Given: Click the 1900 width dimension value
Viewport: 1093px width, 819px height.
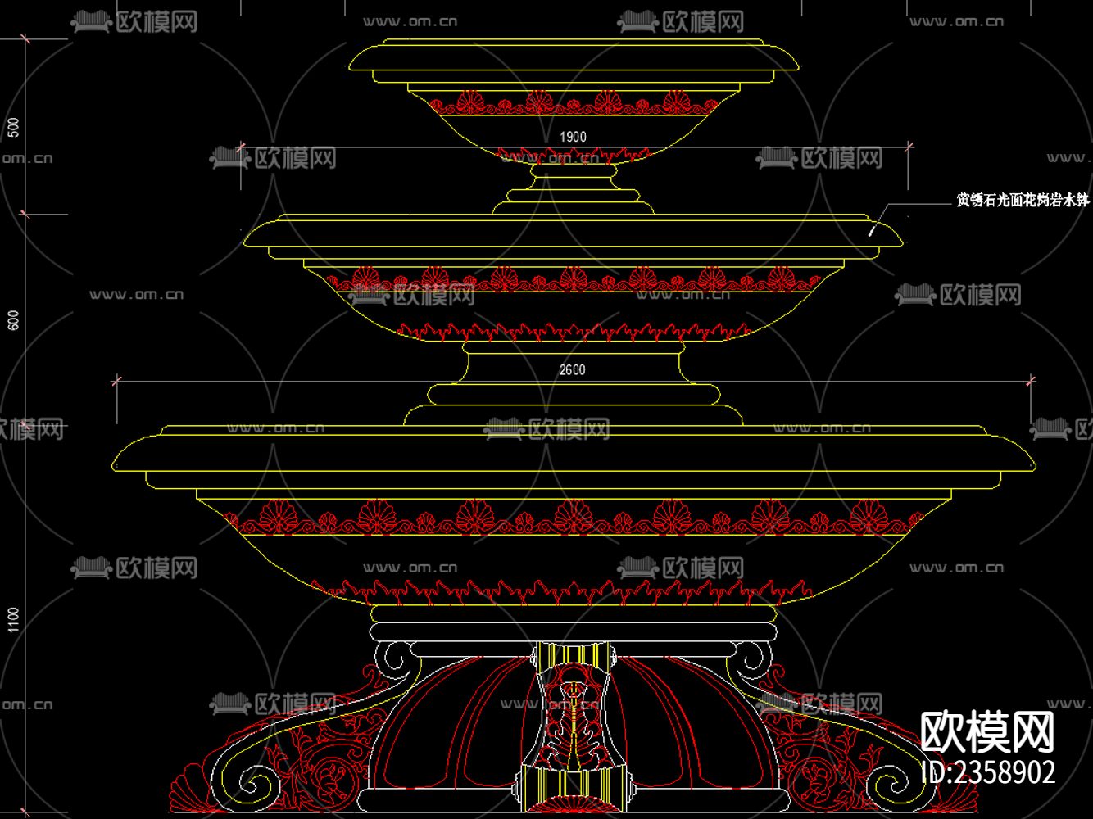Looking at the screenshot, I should [573, 137].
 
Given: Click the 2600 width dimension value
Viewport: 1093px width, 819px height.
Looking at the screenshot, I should [572, 370].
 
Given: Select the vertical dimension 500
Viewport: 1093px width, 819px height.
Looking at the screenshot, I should [12, 128].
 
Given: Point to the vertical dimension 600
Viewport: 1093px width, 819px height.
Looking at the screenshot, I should [12, 322].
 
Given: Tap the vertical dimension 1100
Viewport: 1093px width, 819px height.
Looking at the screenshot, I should [12, 619].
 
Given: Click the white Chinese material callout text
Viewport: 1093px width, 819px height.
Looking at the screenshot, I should [1023, 200].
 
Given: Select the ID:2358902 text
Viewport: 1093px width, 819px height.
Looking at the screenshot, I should [988, 771].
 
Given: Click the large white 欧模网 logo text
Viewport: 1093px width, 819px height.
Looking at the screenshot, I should [987, 731].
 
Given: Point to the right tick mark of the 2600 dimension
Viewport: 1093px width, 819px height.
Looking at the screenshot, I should [1031, 380].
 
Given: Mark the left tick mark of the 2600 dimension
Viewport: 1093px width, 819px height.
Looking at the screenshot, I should [116, 380].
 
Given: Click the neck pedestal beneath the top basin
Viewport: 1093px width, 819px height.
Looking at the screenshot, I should [573, 184].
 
